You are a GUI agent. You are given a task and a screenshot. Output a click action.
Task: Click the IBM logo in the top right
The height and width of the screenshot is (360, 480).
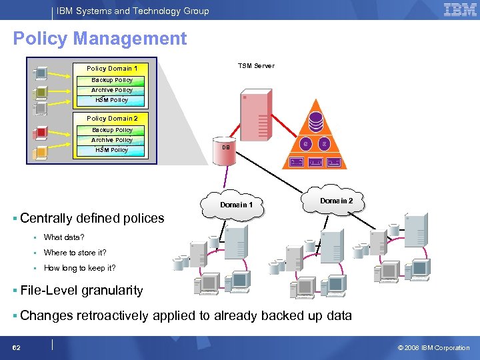pyautogui.click(x=460, y=9)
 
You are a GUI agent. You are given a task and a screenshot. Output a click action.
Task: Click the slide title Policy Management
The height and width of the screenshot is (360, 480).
pyautogui.click(x=100, y=39)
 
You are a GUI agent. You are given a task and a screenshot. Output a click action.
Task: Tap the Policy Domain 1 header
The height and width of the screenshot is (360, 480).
pyautogui.click(x=112, y=69)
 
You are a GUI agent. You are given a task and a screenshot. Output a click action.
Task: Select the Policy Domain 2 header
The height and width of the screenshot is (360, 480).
pyautogui.click(x=112, y=119)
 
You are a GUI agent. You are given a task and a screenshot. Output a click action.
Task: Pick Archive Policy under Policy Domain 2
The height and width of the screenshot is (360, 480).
pyautogui.click(x=112, y=140)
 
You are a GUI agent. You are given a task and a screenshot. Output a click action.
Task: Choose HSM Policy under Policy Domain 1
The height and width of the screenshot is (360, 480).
pyautogui.click(x=112, y=100)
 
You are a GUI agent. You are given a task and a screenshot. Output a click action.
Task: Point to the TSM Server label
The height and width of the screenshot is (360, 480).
pyautogui.click(x=256, y=66)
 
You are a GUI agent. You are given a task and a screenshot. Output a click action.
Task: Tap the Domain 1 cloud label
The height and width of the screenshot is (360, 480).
pyautogui.click(x=237, y=205)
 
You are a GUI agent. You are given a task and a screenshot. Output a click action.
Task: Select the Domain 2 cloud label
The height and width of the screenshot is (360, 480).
pyautogui.click(x=337, y=201)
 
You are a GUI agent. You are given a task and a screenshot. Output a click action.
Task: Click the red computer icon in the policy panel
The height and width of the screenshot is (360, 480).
pyautogui.click(x=41, y=132)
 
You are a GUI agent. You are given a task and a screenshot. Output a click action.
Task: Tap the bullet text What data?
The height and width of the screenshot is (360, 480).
pyautogui.click(x=64, y=237)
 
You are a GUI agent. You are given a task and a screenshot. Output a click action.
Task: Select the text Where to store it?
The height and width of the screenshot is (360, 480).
pyautogui.click(x=75, y=253)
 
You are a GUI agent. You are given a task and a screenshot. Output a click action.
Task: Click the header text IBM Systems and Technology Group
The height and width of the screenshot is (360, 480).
pyautogui.click(x=133, y=11)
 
